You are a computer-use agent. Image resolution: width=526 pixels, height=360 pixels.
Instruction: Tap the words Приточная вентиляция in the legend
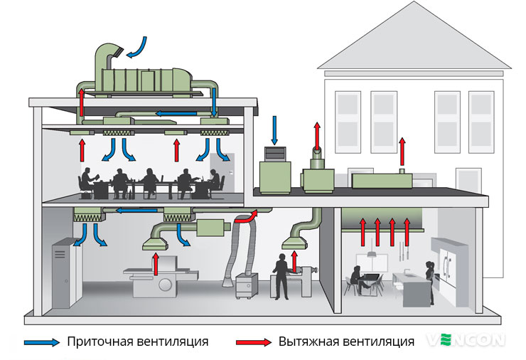click(x=137, y=342)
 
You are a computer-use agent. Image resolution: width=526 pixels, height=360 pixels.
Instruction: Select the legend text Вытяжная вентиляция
click(x=346, y=342)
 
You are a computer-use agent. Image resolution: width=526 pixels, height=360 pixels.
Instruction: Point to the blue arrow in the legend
click(x=42, y=342)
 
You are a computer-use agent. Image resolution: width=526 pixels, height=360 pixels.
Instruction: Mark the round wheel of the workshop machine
click(x=165, y=285)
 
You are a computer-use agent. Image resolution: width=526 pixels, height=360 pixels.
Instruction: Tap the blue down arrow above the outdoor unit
click(x=274, y=130)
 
